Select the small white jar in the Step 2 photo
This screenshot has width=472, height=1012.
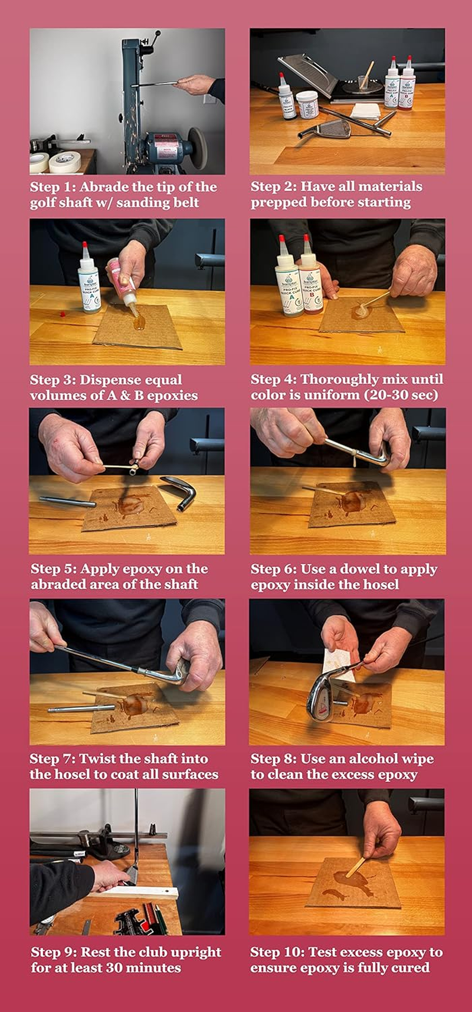[x=307, y=105]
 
